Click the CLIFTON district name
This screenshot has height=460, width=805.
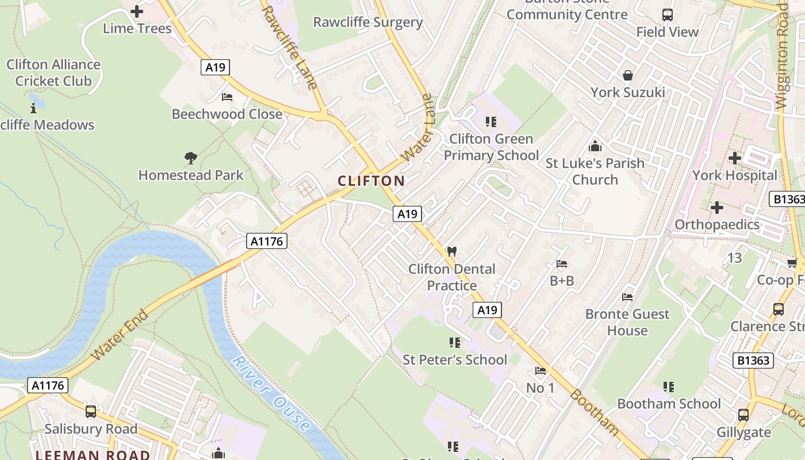coord(371,181)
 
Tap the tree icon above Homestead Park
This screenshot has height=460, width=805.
coord(191,158)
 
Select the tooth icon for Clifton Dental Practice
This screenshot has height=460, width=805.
coord(452,252)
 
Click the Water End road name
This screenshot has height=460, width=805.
coord(119,335)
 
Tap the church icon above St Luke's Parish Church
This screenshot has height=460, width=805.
coord(595,146)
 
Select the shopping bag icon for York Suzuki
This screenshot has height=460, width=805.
coord(627,75)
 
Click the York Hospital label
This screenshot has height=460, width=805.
coord(734,175)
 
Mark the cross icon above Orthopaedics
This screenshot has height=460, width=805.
coord(716,208)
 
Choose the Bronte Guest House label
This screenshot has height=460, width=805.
coord(627,322)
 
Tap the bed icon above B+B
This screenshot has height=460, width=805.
coord(562,264)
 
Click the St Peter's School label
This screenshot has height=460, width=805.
coord(455,360)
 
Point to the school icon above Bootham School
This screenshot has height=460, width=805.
coord(668,387)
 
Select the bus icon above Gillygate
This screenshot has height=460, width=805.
coord(743,415)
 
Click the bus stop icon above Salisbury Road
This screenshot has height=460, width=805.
coord(91,412)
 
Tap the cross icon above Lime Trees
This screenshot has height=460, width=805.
coord(137,11)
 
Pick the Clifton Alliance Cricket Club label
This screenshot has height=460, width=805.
coord(53,72)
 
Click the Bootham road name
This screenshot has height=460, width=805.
coord(595,412)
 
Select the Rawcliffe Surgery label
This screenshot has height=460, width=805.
coord(367,22)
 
